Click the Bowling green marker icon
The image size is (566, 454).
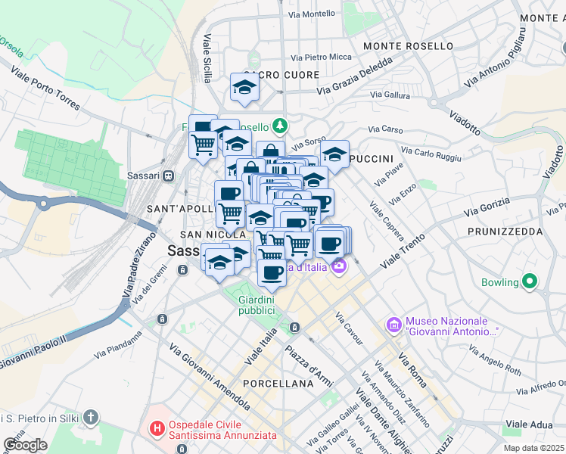(529, 283)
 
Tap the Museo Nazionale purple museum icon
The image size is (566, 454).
(393, 325)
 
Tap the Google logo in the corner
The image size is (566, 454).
(25, 444)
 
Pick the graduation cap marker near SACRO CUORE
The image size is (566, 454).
(244, 87)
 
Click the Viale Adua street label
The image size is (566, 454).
(530, 424)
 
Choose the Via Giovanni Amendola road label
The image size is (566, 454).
(209, 376)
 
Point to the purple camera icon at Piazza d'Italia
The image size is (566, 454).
(338, 266)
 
